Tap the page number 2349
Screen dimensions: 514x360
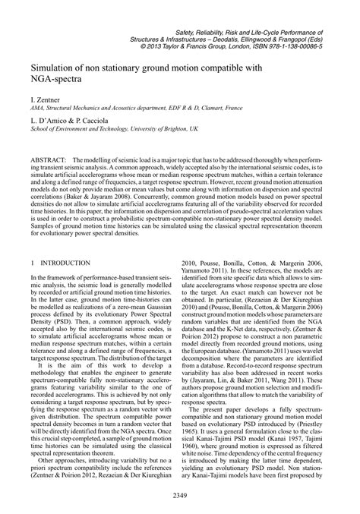pos(179,494)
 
